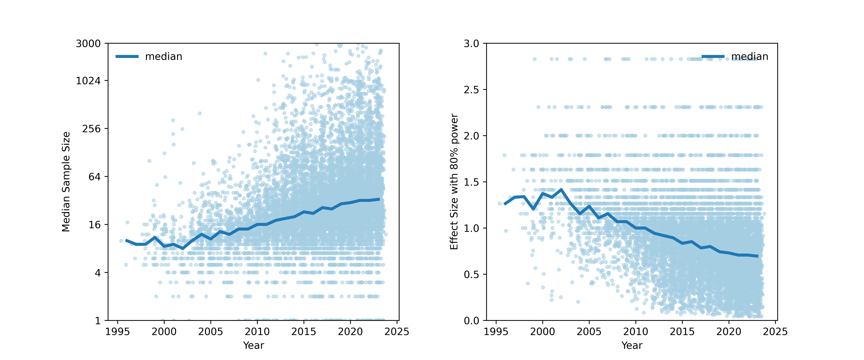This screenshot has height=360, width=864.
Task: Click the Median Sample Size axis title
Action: pyautogui.click(x=66, y=182)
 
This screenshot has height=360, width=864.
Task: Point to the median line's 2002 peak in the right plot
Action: pyautogui.click(x=561, y=190)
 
